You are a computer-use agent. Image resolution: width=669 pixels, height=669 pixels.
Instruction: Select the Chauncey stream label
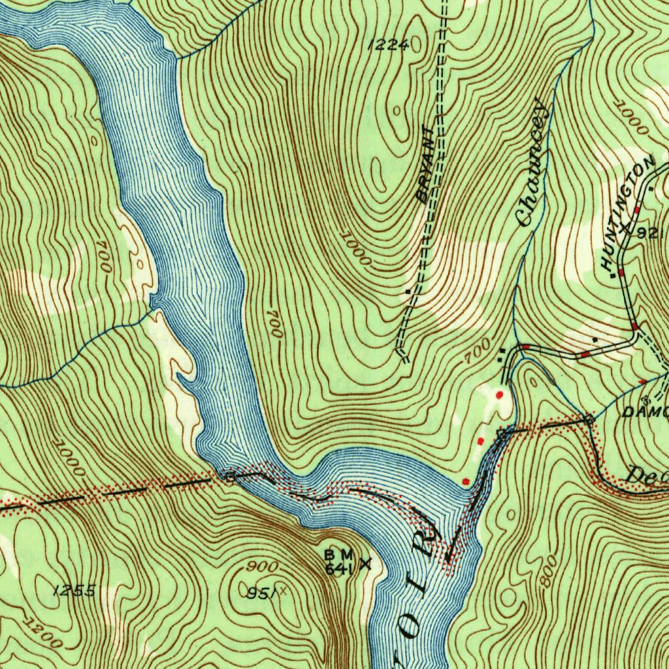pyautogui.click(x=531, y=163)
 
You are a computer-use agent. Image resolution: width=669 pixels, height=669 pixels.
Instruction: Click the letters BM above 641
pyautogui.click(x=338, y=554)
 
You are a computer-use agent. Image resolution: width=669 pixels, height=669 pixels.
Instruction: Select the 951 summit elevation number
pyautogui.click(x=261, y=593)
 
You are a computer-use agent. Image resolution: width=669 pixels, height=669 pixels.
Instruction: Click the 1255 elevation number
pyautogui.click(x=75, y=591)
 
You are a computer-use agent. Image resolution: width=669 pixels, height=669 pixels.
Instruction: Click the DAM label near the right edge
pyautogui.click(x=644, y=412)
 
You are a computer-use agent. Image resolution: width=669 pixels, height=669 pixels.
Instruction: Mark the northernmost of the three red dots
pyautogui.click(x=500, y=395)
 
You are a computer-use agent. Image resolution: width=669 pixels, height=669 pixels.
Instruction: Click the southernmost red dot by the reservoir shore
pyautogui.click(x=466, y=481)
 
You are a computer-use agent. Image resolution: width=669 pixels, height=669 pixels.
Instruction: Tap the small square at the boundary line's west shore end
pyautogui.click(x=229, y=477)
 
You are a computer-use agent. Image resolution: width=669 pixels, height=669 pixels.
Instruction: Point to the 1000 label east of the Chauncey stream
pyautogui.click(x=633, y=122)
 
